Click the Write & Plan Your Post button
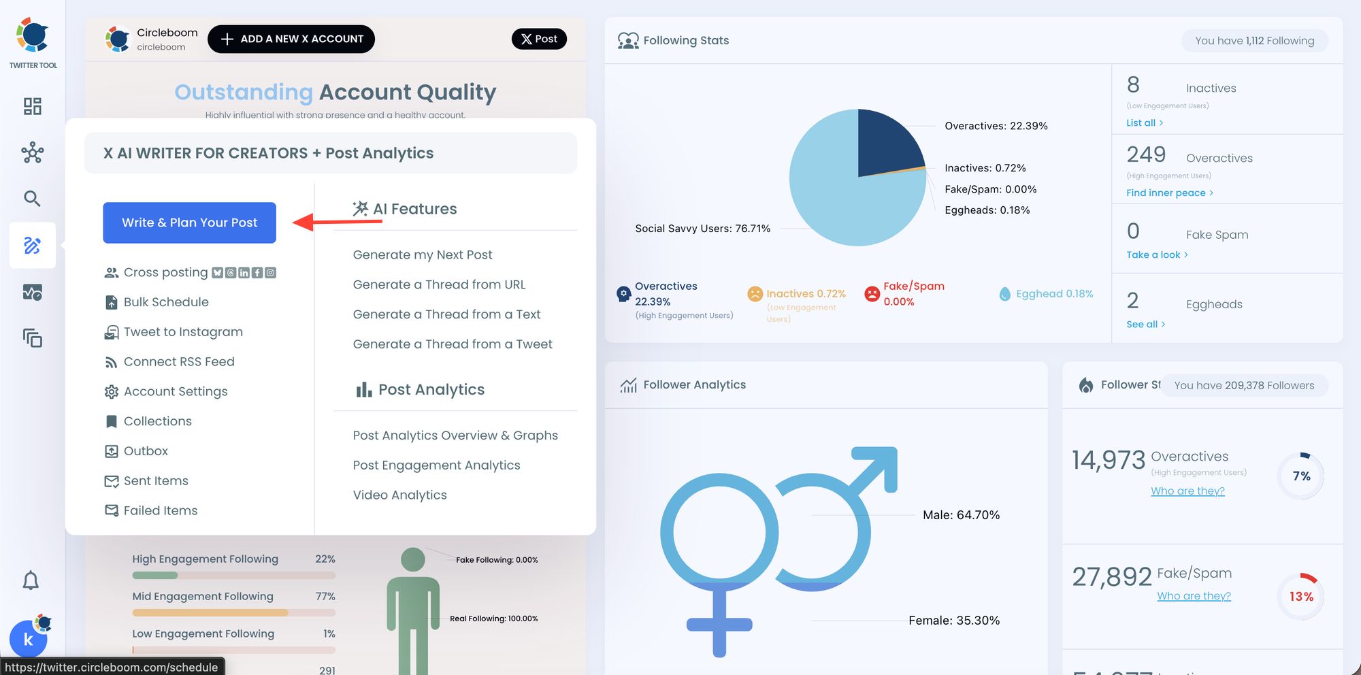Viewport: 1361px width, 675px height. point(189,223)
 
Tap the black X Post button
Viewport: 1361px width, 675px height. point(539,39)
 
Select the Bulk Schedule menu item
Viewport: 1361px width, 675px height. point(166,302)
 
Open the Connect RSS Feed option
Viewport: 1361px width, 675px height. point(179,362)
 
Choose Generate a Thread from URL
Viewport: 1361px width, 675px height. point(439,284)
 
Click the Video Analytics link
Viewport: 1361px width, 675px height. point(399,495)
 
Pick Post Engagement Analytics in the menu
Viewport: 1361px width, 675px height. point(436,465)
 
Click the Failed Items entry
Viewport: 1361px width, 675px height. point(161,511)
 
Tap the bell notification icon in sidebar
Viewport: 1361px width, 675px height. point(31,580)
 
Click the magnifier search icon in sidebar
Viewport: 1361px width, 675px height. point(32,199)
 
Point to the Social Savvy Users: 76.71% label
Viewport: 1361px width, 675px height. point(702,229)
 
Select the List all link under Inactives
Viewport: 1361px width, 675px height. point(1144,123)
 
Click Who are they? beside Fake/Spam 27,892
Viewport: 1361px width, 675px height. point(1194,596)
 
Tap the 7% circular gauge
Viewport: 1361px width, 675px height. point(1301,476)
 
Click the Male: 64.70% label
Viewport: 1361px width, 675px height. point(961,515)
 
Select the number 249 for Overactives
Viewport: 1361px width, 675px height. point(1146,155)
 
